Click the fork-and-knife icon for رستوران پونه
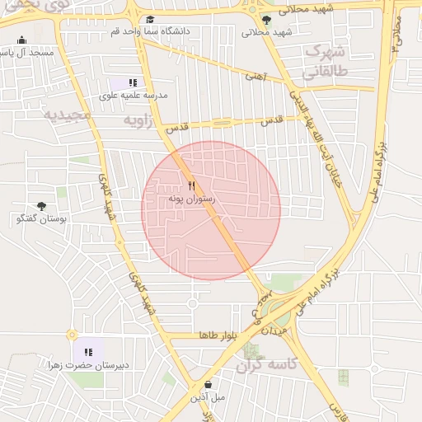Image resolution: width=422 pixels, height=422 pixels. point(191,185)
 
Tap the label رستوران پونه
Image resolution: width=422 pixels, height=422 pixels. point(191,199)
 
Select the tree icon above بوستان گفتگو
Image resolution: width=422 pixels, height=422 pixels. point(41,206)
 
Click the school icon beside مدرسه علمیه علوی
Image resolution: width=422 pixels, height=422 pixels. point(133,82)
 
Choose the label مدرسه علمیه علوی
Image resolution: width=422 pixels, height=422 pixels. point(133,95)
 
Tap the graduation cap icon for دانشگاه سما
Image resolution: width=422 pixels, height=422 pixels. point(149,19)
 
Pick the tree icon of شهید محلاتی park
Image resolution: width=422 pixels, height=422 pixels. point(265,20)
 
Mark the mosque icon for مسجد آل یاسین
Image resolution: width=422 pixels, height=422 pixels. point(21,40)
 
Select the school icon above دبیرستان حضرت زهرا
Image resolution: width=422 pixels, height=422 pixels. point(88,352)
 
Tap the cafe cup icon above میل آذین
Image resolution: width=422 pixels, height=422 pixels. point(208,384)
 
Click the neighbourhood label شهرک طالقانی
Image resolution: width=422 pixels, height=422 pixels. point(327,61)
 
